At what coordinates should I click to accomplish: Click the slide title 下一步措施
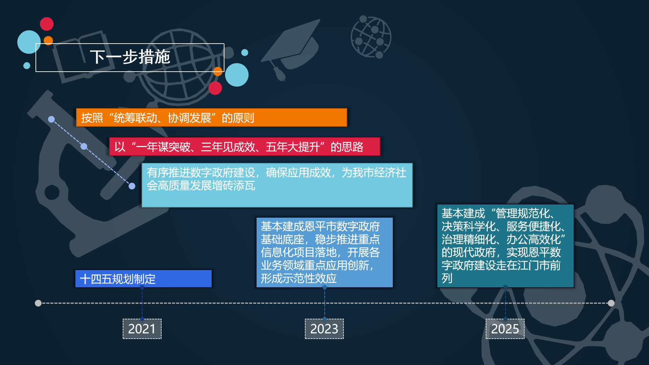point(130,57)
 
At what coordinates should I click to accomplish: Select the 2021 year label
point(142,329)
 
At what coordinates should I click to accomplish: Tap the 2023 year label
point(324,329)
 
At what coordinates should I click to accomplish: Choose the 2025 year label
point(505,329)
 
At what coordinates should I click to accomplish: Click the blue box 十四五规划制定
point(143,279)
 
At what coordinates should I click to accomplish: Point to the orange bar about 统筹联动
point(212,118)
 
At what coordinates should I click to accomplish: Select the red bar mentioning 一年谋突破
point(245,147)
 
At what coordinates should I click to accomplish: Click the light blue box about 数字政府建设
point(277,185)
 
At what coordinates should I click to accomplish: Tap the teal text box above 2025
point(505,246)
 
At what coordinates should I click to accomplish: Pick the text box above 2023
point(324,252)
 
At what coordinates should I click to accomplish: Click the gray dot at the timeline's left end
point(38,303)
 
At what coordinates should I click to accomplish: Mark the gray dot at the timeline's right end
point(611,303)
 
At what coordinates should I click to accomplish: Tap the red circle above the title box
point(47,24)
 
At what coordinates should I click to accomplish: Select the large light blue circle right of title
point(237,75)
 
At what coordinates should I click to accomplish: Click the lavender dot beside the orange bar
point(51,119)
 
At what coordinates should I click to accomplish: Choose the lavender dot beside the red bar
point(84,146)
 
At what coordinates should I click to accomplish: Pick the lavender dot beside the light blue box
point(132,186)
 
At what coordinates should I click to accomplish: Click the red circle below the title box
point(215,88)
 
